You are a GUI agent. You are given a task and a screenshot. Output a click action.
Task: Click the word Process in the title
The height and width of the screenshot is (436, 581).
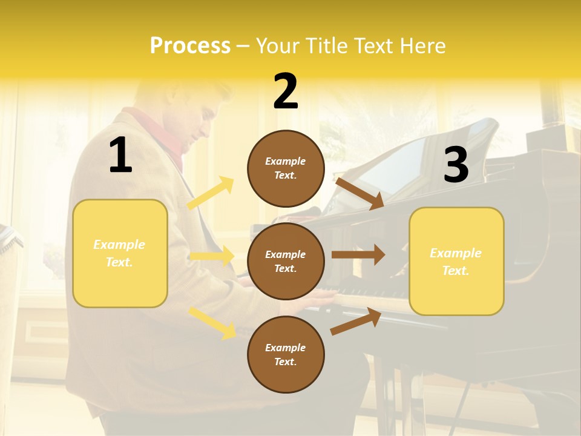190,46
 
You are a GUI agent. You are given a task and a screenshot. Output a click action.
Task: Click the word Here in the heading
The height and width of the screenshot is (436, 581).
421,46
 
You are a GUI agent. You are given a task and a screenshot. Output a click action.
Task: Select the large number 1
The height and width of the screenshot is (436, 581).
120,156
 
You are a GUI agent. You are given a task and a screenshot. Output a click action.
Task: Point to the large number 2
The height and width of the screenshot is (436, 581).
286,91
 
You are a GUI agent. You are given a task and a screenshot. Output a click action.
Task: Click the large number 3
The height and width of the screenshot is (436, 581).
456,165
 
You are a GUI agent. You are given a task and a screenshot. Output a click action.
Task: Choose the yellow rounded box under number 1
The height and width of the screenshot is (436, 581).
120,253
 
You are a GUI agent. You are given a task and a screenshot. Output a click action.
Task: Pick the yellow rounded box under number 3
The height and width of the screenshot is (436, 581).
456,261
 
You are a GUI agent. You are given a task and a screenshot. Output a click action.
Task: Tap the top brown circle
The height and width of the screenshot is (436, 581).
286,168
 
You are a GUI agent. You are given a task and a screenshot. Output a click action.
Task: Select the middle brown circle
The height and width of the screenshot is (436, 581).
286,261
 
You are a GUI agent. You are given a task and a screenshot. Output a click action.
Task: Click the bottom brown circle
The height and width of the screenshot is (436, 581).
286,354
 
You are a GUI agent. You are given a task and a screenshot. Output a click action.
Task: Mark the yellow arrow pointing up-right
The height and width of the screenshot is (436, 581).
211,193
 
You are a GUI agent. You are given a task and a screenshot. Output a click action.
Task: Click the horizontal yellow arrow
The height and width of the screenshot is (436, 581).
212,256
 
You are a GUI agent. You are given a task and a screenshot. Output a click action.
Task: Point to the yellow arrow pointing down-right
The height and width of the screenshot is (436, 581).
212,322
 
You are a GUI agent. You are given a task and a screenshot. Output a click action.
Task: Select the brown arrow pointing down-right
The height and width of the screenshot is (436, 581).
359,193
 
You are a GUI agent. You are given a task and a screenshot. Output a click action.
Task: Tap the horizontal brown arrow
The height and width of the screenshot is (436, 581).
358,255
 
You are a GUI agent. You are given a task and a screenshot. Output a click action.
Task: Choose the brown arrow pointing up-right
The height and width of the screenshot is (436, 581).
356,321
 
